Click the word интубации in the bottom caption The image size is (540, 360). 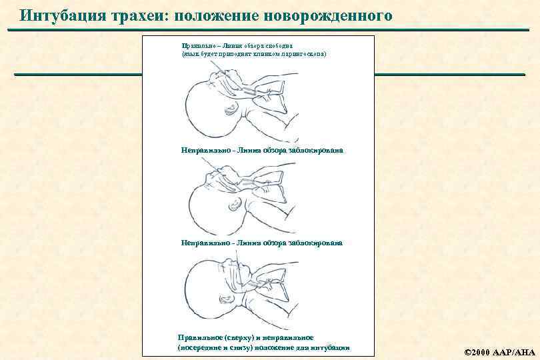click(331, 348)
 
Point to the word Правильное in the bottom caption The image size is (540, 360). click(201, 337)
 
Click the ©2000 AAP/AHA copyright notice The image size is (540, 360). click(496, 351)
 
